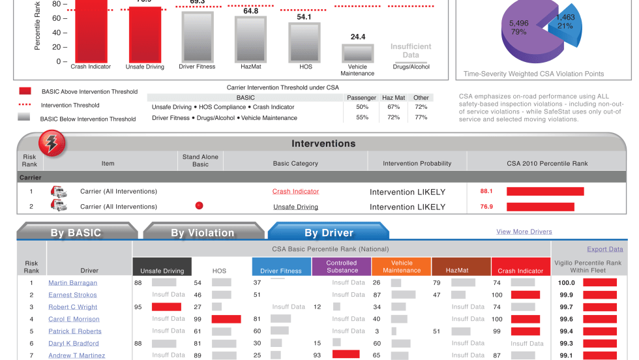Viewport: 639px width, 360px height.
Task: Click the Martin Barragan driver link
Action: coord(72,283)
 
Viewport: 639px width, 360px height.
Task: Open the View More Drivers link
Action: coord(524,232)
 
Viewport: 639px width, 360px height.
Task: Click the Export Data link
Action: coord(604,249)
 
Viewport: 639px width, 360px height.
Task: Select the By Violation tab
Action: coord(202,233)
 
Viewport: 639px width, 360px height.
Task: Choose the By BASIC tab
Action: coord(76,233)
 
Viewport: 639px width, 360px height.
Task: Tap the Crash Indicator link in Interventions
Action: coord(295,192)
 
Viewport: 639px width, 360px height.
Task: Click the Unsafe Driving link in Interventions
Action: coord(295,207)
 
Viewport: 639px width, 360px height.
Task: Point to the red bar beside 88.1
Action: coord(544,192)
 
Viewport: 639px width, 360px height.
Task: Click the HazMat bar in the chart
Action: coord(250,39)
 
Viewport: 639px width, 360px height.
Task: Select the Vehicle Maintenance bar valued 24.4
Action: coord(357,53)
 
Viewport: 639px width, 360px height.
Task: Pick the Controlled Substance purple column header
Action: coord(342,267)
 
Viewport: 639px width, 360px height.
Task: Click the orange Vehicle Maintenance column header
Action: coord(402,267)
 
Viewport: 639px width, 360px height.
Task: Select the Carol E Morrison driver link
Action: coord(74,320)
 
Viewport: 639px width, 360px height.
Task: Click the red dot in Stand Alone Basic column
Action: coord(200,205)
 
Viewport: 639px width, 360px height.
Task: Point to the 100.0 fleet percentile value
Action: coord(566,283)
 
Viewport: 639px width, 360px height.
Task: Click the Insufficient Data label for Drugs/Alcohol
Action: coord(411,51)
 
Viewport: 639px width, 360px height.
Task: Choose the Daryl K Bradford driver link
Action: coord(73,344)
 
